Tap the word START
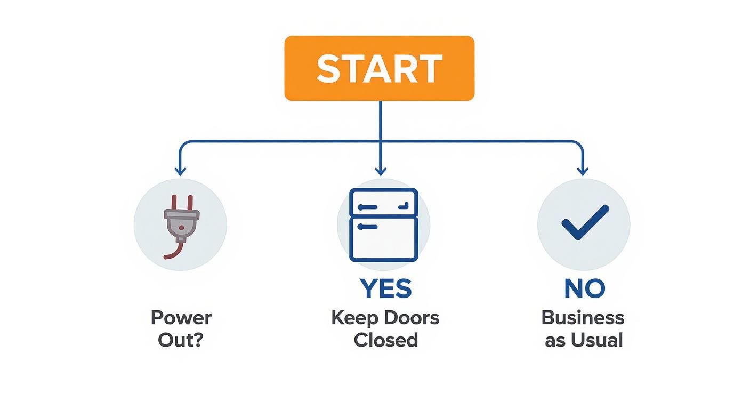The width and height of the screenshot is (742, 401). pos(379,68)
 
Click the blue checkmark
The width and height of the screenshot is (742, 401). pos(584,222)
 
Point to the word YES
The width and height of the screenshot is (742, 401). pos(385,288)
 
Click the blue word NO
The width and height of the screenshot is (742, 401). pos(584,288)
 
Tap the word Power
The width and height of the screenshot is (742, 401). pos(181,318)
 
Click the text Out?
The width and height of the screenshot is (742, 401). pos(181,340)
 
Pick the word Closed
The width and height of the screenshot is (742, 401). pos(385,340)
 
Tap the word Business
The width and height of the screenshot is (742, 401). pos(583,318)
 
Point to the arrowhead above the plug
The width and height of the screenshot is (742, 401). pos(180,171)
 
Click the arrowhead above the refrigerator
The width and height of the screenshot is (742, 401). pos(380,171)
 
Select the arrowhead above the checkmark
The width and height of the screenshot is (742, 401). pos(583,171)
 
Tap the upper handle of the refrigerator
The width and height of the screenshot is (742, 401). pos(368,207)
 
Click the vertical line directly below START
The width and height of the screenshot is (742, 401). pos(380,120)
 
